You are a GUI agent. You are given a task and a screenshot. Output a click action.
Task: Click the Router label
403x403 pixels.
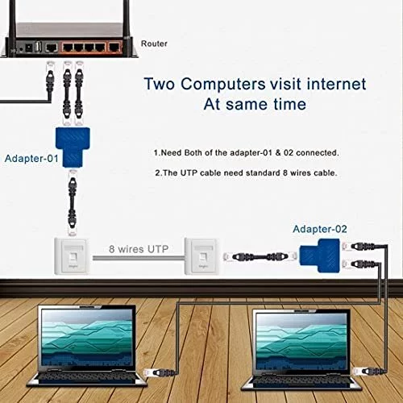(x=154, y=44)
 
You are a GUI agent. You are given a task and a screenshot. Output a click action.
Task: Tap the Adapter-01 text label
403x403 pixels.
(x=31, y=158)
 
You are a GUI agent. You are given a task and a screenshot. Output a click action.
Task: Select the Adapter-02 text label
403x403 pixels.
(x=320, y=229)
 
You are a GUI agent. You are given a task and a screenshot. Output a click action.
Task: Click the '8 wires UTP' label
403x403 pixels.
(x=139, y=249)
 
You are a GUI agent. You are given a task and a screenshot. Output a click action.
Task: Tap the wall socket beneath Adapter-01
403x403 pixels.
(x=72, y=256)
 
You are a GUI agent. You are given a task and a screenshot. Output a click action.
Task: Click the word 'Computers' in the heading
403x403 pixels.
(x=223, y=84)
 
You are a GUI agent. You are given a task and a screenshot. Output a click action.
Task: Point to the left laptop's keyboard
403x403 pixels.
(x=86, y=378)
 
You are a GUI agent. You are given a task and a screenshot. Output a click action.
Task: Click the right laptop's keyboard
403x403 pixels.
(x=301, y=382)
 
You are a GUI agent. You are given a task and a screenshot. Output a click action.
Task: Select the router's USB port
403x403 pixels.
(x=38, y=48)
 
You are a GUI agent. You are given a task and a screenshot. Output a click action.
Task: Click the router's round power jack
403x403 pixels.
(x=21, y=49)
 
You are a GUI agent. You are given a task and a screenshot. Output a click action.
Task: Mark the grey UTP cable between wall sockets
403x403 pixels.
(x=139, y=258)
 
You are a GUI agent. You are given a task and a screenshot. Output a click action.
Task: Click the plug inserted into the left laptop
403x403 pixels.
(x=160, y=372)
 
